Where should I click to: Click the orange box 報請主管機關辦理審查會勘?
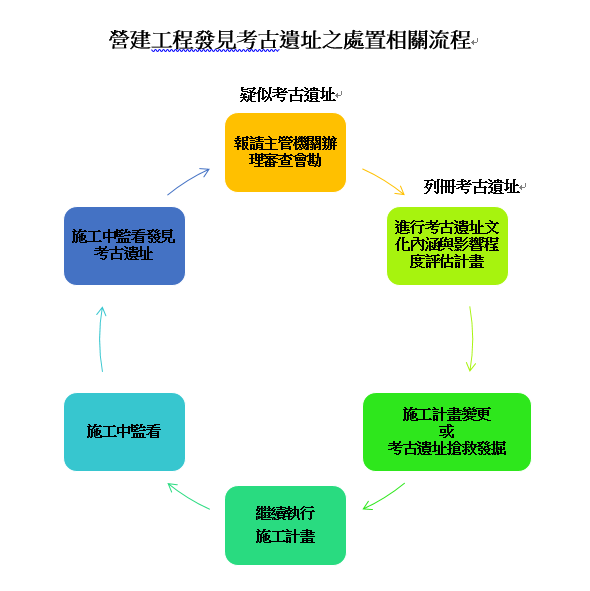[x=285, y=152]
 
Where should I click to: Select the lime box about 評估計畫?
[x=447, y=246]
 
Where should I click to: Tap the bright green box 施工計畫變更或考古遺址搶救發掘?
[x=447, y=432]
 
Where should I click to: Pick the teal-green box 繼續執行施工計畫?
[x=285, y=525]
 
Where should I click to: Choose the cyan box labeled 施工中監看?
[x=124, y=432]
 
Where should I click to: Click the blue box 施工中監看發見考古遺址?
[x=124, y=246]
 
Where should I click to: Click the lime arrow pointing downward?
[x=472, y=338]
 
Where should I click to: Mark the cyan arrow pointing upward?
[x=100, y=338]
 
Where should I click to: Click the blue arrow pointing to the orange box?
[x=188, y=181]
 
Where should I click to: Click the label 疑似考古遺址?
[x=287, y=94]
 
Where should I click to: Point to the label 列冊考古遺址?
[x=471, y=187]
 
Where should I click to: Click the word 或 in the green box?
[x=447, y=431]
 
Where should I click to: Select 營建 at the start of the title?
[x=130, y=40]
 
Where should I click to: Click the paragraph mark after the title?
[x=475, y=41]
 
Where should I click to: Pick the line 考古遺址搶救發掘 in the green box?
[x=447, y=448]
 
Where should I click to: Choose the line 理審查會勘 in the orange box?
[x=285, y=160]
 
